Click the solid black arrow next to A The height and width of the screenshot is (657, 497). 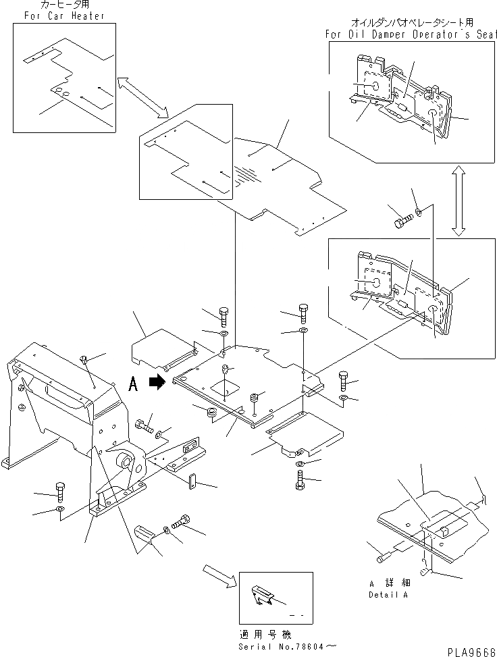pyautogui.click(x=157, y=382)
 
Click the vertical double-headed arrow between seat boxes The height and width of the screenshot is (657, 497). pyautogui.click(x=458, y=203)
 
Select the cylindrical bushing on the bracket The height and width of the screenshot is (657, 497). pyautogui.click(x=126, y=463)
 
